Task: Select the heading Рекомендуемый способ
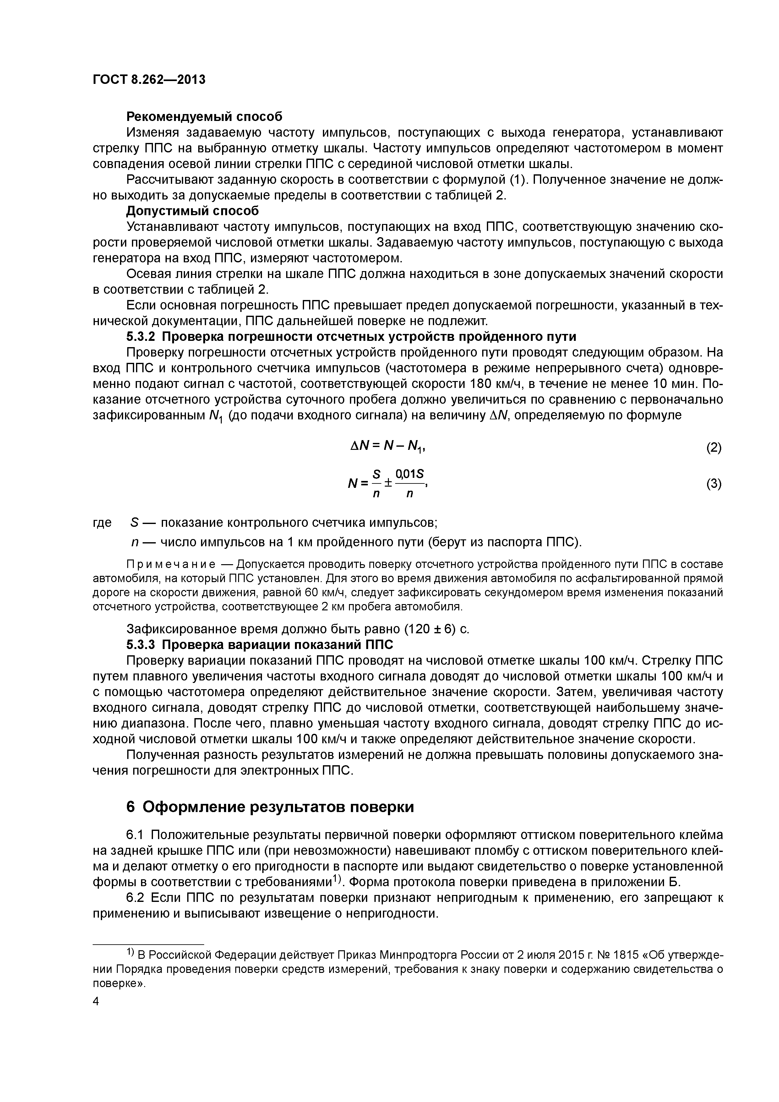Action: (204, 117)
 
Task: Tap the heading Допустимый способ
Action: (192, 211)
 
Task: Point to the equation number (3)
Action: (713, 484)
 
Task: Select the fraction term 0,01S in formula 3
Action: (409, 475)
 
